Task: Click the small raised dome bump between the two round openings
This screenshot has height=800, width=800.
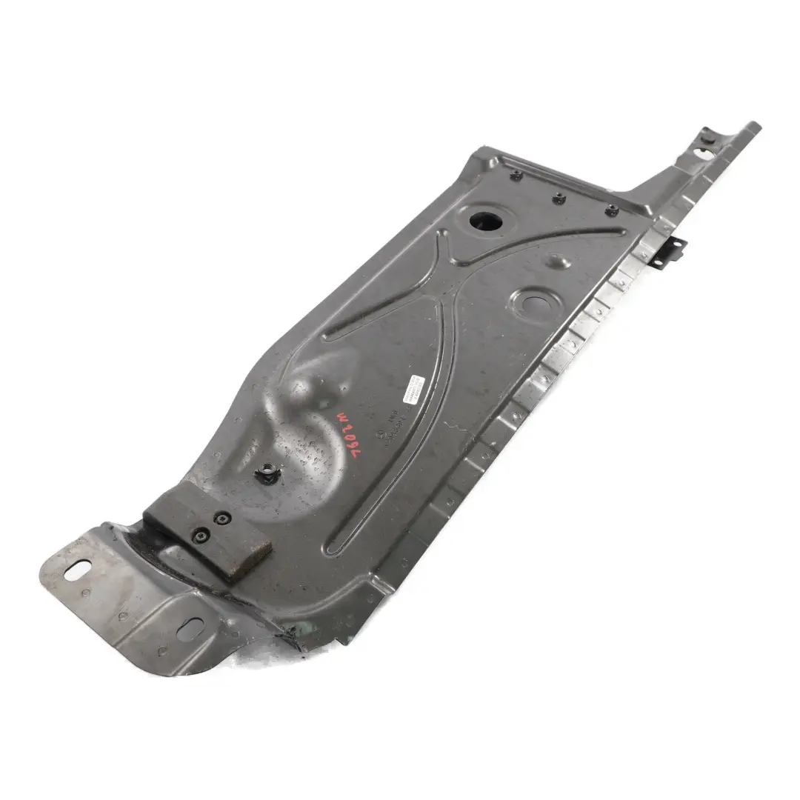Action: [556, 261]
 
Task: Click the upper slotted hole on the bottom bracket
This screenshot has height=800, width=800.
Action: [78, 570]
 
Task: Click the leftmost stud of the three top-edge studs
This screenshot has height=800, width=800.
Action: [518, 176]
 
